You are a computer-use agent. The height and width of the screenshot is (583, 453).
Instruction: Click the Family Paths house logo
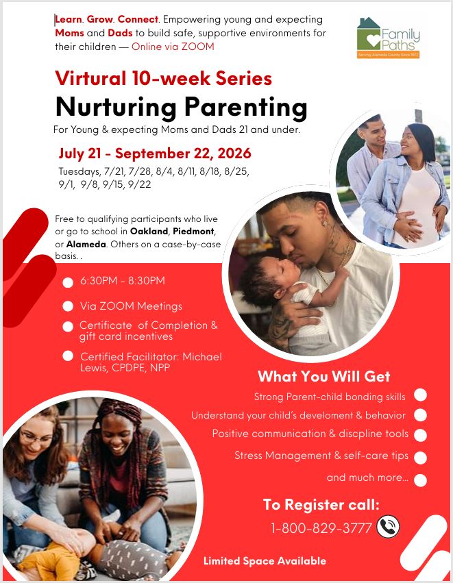(388, 38)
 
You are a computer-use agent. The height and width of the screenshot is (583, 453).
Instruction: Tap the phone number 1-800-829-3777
(321, 528)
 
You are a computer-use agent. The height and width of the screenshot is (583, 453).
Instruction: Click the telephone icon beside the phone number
(388, 527)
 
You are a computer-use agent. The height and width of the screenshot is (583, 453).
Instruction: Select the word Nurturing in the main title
(116, 108)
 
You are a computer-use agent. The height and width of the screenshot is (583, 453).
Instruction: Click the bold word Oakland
(149, 232)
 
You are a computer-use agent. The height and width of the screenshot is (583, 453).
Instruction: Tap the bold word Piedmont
(193, 232)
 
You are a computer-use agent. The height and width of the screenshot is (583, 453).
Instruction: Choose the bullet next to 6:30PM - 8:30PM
(68, 282)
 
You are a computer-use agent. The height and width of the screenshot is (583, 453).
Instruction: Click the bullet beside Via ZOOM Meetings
(68, 306)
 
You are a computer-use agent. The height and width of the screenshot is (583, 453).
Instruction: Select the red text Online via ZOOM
(173, 47)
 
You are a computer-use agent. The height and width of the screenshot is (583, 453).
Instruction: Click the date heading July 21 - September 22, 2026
(155, 153)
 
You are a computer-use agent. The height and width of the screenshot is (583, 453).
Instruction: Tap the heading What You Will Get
(324, 376)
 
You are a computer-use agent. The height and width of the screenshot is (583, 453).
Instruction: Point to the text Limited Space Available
(265, 560)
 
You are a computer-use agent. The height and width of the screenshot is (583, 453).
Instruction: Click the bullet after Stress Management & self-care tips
(420, 458)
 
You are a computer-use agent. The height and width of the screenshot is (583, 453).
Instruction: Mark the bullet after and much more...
(420, 480)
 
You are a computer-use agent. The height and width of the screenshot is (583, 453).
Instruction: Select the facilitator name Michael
(202, 356)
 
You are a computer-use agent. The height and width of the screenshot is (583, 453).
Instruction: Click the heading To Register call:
(321, 505)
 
